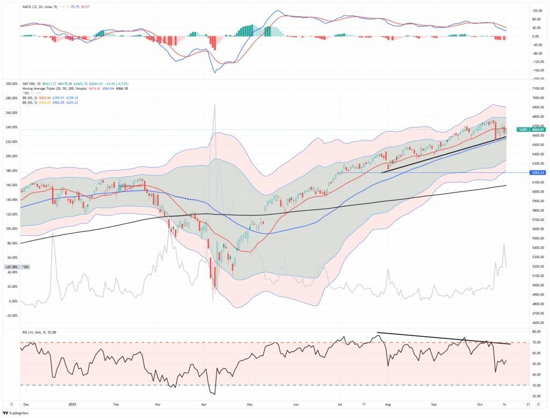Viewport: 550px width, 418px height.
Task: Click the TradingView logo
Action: [16, 413]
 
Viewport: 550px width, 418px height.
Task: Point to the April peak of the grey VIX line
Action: [215, 105]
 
